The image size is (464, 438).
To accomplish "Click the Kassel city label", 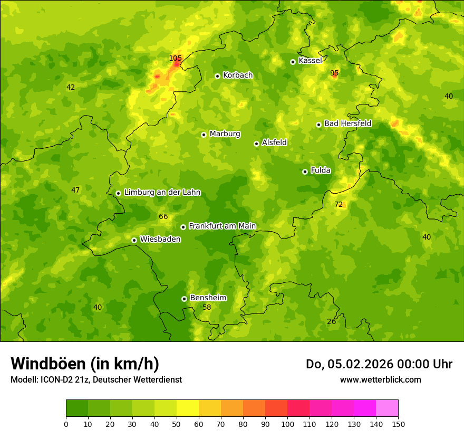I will (x=310, y=61).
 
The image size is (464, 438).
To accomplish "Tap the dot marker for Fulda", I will (x=305, y=172).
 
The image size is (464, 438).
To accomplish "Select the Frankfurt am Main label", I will (x=222, y=226).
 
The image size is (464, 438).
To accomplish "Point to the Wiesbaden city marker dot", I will (x=134, y=240).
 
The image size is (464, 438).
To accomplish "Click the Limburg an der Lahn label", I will (x=162, y=193).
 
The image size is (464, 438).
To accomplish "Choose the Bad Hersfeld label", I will (x=347, y=123).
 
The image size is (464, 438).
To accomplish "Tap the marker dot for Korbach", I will (x=217, y=76).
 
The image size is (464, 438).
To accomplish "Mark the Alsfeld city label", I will (x=274, y=142).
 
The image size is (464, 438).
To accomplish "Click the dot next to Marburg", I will (x=204, y=135).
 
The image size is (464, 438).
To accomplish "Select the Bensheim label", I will (x=208, y=298).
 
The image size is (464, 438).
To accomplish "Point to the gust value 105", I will (x=175, y=58).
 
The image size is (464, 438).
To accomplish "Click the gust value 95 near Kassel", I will (x=334, y=73).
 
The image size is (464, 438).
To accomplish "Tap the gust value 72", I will (x=339, y=204).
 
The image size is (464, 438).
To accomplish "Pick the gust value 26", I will (x=331, y=321).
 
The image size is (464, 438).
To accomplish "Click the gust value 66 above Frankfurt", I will (x=163, y=216).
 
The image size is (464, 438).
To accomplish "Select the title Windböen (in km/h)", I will (x=85, y=364).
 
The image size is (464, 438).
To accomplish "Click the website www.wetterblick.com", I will (x=380, y=379).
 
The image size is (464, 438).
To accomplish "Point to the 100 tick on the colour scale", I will (x=287, y=423).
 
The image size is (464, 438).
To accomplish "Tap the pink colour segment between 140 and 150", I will (x=387, y=408).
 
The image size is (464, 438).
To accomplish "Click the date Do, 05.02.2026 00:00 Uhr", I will (x=379, y=364).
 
